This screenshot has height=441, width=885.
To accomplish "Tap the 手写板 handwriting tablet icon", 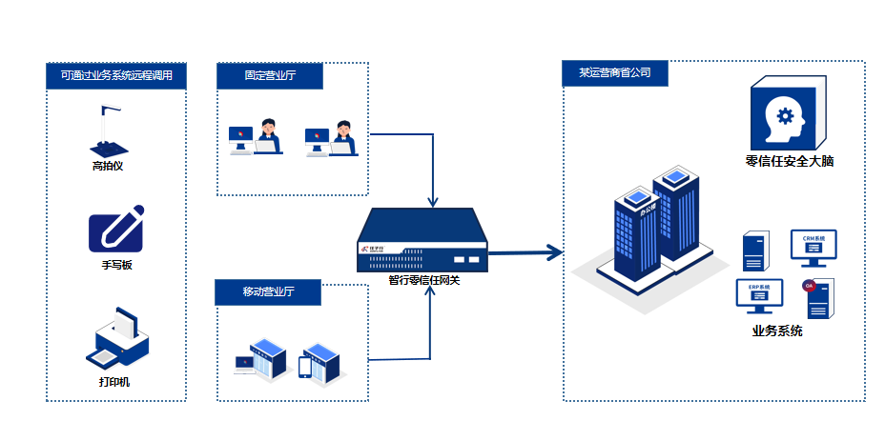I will [115, 231].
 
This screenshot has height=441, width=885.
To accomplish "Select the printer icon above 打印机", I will [117, 340].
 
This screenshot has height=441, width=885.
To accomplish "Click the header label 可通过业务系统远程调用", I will [116, 76].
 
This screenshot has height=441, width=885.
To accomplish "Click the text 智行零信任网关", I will [423, 280].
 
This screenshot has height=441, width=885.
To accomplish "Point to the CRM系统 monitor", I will [813, 248].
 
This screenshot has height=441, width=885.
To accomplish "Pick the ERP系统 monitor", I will [759, 296].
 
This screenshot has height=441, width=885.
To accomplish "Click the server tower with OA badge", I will [819, 299].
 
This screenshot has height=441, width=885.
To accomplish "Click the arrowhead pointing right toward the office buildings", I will [552, 252].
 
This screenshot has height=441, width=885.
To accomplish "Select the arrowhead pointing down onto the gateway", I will [433, 201].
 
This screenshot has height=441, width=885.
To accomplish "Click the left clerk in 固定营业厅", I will [268, 136].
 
